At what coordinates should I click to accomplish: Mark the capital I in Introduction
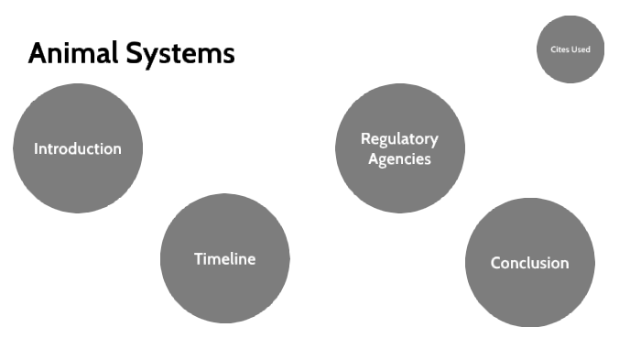(x=36, y=148)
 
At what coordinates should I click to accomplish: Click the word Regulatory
(x=399, y=139)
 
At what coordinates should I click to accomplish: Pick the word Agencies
(x=399, y=158)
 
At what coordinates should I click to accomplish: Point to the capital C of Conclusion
(x=495, y=263)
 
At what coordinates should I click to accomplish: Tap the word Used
(x=581, y=49)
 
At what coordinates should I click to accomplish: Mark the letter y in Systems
(x=158, y=56)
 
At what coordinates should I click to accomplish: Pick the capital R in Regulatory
(x=365, y=139)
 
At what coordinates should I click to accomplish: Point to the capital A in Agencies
(x=374, y=158)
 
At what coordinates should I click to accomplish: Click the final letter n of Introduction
(x=116, y=148)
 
